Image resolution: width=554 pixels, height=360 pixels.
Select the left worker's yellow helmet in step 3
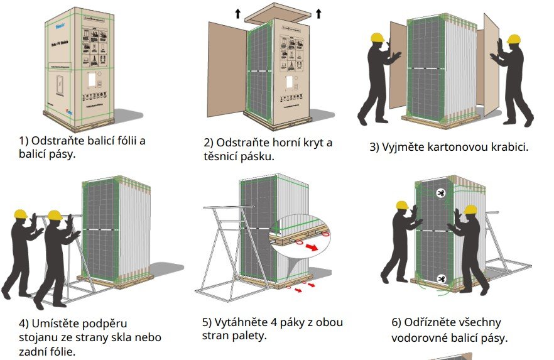click(377, 37)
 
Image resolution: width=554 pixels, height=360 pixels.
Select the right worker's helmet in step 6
click(470, 209)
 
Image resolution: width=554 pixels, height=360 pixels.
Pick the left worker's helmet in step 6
click(402, 205)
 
